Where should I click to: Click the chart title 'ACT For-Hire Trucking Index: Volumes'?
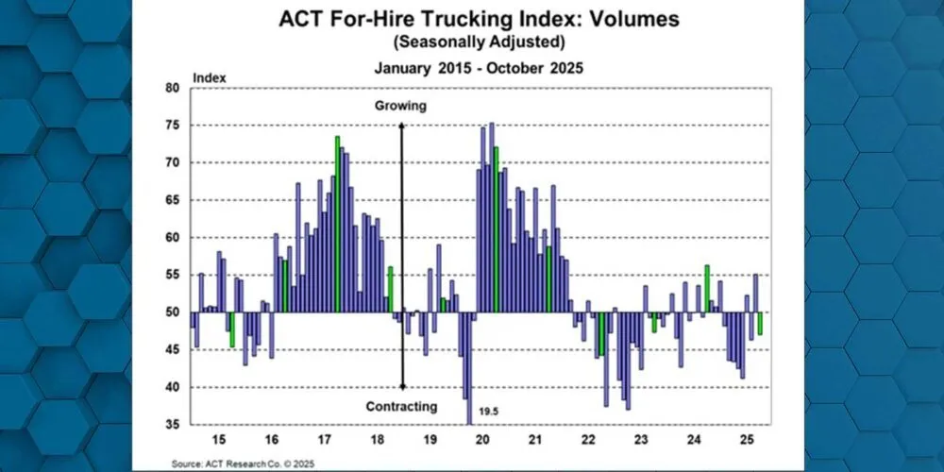tap(472, 20)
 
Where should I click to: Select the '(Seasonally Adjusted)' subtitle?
tap(472, 42)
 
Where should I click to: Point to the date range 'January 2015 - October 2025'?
tap(472, 68)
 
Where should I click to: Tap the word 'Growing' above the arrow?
tap(399, 106)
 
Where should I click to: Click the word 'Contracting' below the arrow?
tap(401, 407)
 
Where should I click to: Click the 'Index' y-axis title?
tap(205, 76)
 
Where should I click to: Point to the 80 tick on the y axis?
tap(172, 88)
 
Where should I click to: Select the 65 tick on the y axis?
tap(172, 200)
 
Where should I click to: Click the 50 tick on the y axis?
tap(172, 312)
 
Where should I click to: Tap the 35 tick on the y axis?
tap(172, 425)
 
